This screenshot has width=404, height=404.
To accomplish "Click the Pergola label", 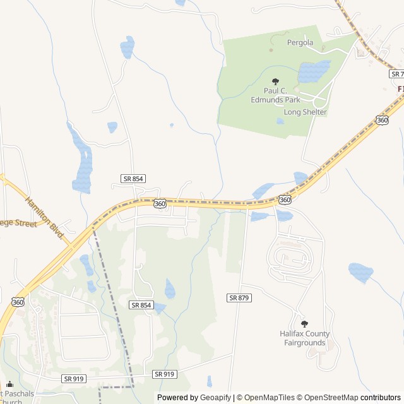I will click(x=300, y=43).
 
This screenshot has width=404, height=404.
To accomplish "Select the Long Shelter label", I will click(x=306, y=112).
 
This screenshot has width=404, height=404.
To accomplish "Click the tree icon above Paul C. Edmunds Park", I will click(x=275, y=81).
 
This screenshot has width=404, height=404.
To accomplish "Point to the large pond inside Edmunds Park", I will click(x=313, y=71).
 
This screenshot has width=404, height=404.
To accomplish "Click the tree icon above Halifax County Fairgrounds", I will click(x=304, y=323).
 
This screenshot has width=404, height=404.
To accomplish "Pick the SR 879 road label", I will click(x=240, y=297).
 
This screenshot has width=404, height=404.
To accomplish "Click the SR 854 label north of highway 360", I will click(x=134, y=179).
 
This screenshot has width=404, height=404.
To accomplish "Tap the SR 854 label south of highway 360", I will click(x=141, y=305).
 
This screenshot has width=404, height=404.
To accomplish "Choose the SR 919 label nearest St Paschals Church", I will click(x=74, y=379).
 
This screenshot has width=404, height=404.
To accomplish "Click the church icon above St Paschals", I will click(x=9, y=384).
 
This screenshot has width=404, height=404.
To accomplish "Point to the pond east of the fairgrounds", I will click(x=360, y=272).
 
